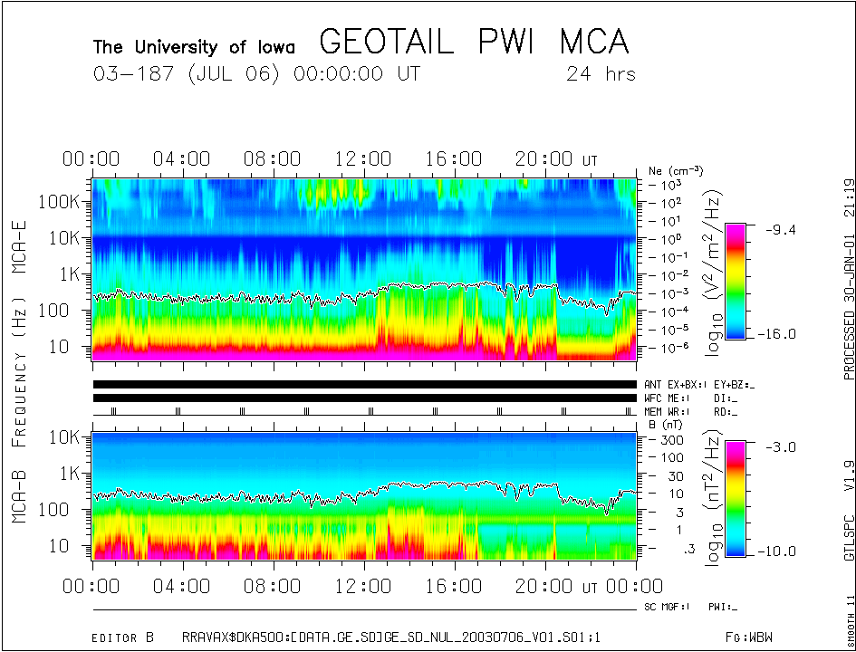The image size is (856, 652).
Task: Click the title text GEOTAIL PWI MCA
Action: point(474,43)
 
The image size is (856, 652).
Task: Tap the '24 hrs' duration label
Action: point(601,74)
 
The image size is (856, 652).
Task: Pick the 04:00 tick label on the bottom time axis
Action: point(181,587)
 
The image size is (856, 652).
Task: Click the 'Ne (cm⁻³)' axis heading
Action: point(676,170)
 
